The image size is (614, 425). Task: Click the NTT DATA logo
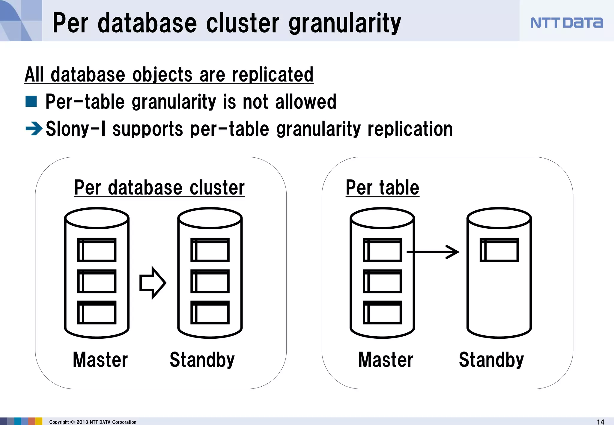pos(566,23)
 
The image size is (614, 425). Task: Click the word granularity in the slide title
pos(344,23)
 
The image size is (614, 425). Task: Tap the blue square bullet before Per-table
pos(31,101)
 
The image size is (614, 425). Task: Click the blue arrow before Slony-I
pos(34,129)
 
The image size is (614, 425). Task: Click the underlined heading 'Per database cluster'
pos(159,188)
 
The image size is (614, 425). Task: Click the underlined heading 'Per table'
pos(382,188)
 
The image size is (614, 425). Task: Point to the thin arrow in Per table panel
pos(433,252)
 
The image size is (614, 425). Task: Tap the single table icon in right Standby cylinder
pos(499,250)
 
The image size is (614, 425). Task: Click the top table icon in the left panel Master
pos(97,250)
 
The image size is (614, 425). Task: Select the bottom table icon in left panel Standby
pos(210,312)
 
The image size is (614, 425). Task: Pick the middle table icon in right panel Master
pos(382,281)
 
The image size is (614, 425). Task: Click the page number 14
pos(601,422)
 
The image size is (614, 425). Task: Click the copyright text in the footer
pos(93,422)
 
